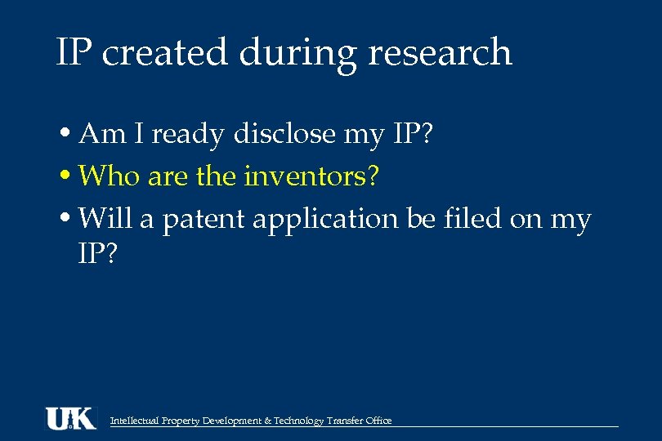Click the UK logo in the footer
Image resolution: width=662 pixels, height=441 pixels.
coord(70,418)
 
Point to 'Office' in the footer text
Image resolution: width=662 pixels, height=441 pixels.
coord(378,421)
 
